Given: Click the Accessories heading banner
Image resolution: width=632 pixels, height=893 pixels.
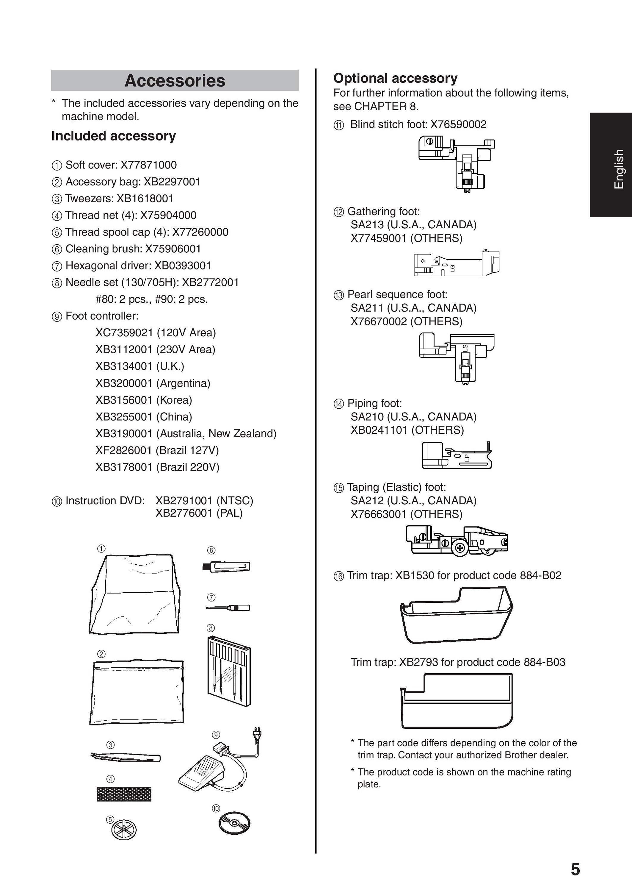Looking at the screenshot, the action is (175, 81).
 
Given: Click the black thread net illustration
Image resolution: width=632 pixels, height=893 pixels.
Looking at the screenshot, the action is (124, 794).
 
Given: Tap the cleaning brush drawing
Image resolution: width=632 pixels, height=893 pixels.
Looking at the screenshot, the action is (226, 566).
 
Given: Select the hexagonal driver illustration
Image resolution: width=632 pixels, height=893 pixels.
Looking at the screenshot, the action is (228, 607).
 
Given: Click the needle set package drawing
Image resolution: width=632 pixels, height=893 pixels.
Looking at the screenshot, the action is (229, 671).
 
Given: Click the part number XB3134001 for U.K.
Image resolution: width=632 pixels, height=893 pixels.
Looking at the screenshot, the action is (124, 366).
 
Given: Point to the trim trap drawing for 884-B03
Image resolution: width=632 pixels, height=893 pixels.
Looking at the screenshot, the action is (457, 701).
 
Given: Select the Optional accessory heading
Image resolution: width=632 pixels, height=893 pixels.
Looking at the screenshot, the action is (395, 78).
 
